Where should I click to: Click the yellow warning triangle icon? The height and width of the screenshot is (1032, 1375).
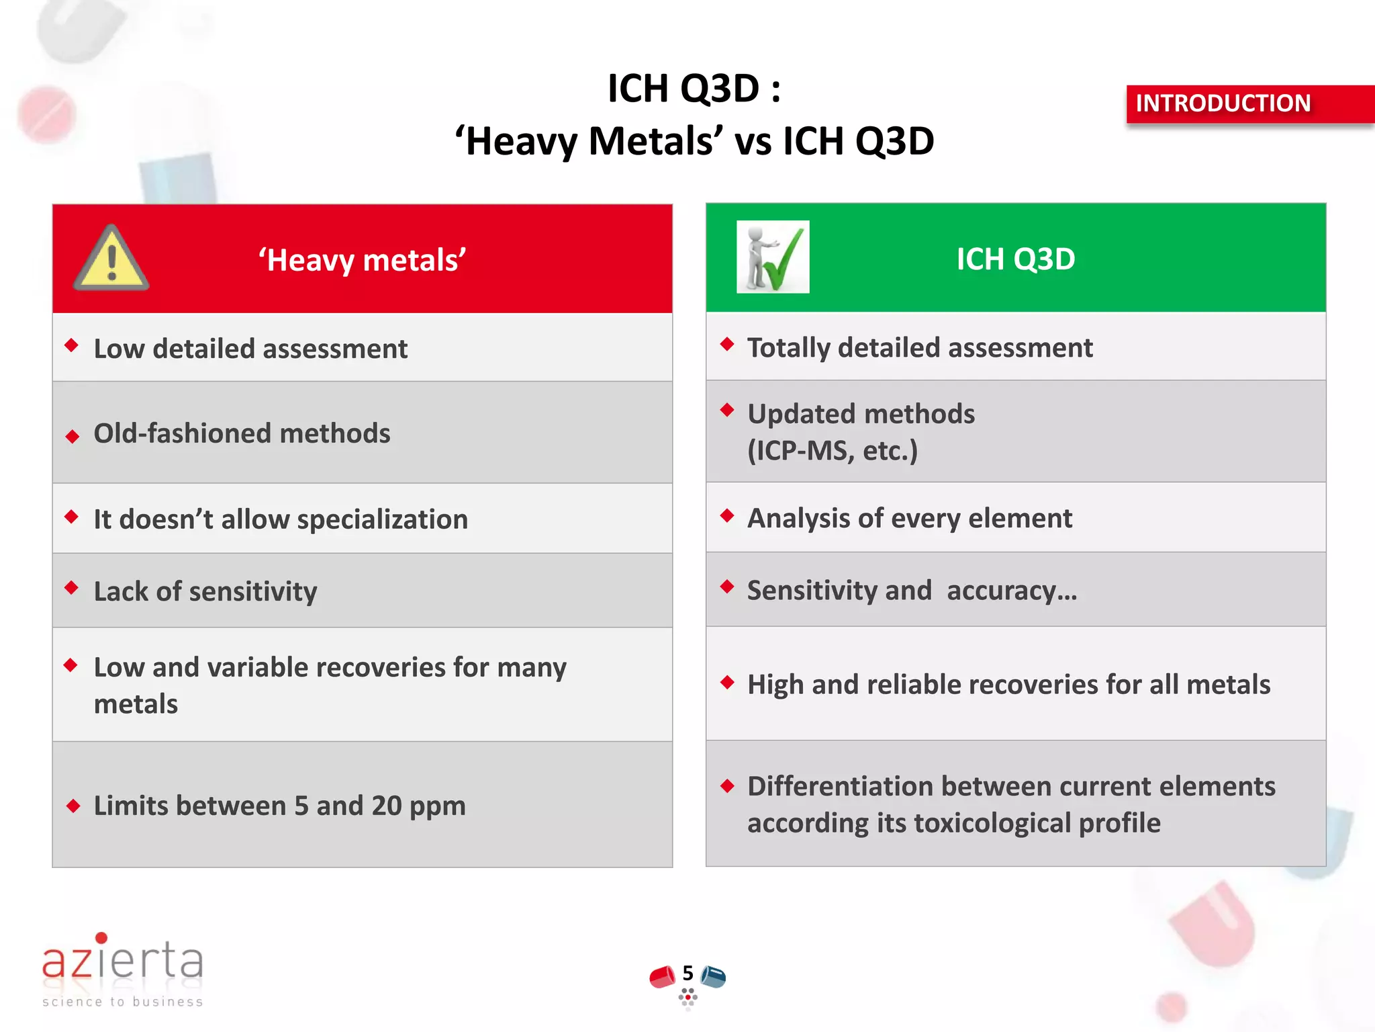tap(111, 259)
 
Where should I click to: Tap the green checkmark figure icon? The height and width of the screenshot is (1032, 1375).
tap(773, 257)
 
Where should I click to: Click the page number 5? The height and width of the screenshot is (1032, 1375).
tap(687, 973)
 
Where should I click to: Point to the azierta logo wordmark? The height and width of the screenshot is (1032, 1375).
tap(122, 959)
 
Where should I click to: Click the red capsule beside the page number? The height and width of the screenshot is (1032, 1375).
tap(662, 977)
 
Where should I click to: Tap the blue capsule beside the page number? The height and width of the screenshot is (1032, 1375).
tap(714, 976)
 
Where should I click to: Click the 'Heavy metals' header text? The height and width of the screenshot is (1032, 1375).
tap(363, 260)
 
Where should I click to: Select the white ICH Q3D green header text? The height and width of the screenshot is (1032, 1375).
tap(1015, 259)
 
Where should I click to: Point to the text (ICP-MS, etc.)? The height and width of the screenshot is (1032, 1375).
tap(833, 451)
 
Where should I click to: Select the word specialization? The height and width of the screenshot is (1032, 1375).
tap(382, 519)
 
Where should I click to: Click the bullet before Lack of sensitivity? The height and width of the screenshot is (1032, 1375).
tap(72, 588)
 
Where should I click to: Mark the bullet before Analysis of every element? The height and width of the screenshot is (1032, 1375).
tap(726, 515)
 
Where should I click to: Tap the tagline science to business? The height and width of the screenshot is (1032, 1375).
tap(122, 1002)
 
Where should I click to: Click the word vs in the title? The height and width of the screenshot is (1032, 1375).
tap(753, 142)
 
